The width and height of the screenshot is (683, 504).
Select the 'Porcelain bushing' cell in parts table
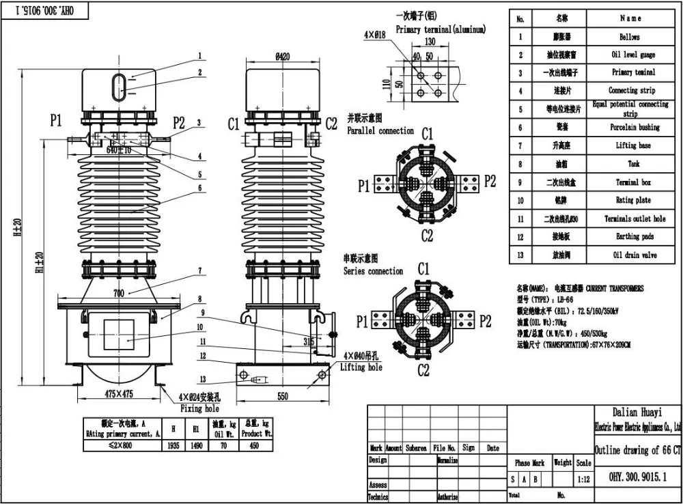click(x=634, y=127)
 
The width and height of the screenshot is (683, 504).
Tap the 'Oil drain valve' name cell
click(x=634, y=255)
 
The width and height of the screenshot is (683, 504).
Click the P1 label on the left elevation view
click(x=55, y=121)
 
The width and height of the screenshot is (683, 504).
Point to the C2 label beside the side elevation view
click(x=331, y=124)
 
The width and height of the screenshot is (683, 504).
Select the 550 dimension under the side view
click(x=281, y=396)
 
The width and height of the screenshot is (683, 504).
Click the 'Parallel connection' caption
click(x=380, y=130)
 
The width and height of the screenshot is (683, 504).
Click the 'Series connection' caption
click(x=373, y=271)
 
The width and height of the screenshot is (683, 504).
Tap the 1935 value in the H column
click(x=175, y=445)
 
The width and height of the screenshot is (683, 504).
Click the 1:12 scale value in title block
click(x=583, y=479)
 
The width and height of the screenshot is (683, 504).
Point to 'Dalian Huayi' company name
click(x=634, y=412)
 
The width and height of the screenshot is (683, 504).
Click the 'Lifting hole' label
click(x=361, y=367)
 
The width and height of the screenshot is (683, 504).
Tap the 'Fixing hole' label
click(x=200, y=408)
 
